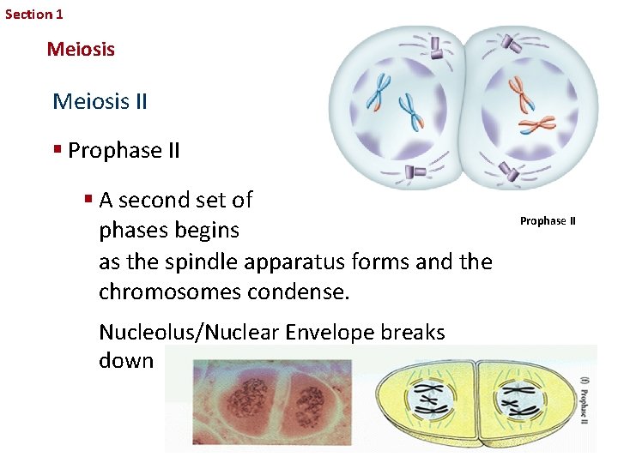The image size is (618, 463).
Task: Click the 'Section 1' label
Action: pos(33,14)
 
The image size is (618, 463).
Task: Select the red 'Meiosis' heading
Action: pos(81,50)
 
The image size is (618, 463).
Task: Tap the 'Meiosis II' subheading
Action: pos(100,102)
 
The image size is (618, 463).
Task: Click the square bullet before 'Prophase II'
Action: pos(57,150)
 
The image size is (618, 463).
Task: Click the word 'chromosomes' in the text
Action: pos(170,292)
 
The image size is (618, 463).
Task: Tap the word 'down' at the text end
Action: pos(125,360)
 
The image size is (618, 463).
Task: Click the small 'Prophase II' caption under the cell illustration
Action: pos(548,221)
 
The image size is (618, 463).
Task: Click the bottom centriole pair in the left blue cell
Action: pos(415,172)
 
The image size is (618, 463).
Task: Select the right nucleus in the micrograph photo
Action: pos(306,403)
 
